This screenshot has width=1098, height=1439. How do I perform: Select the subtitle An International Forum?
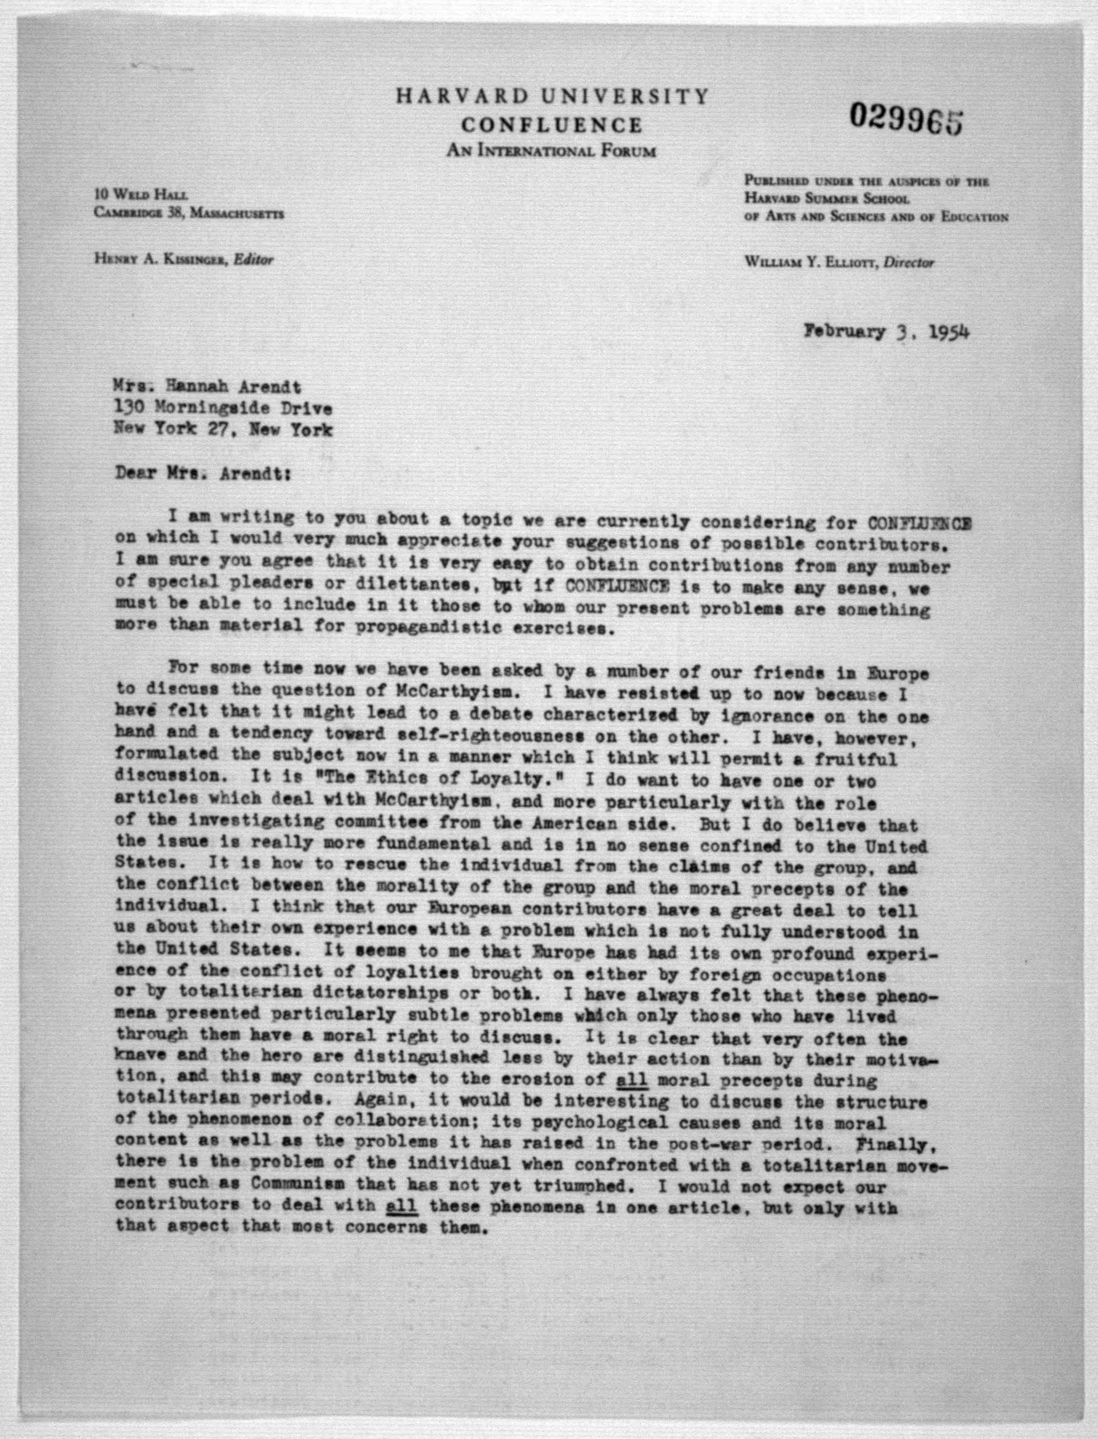551,152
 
